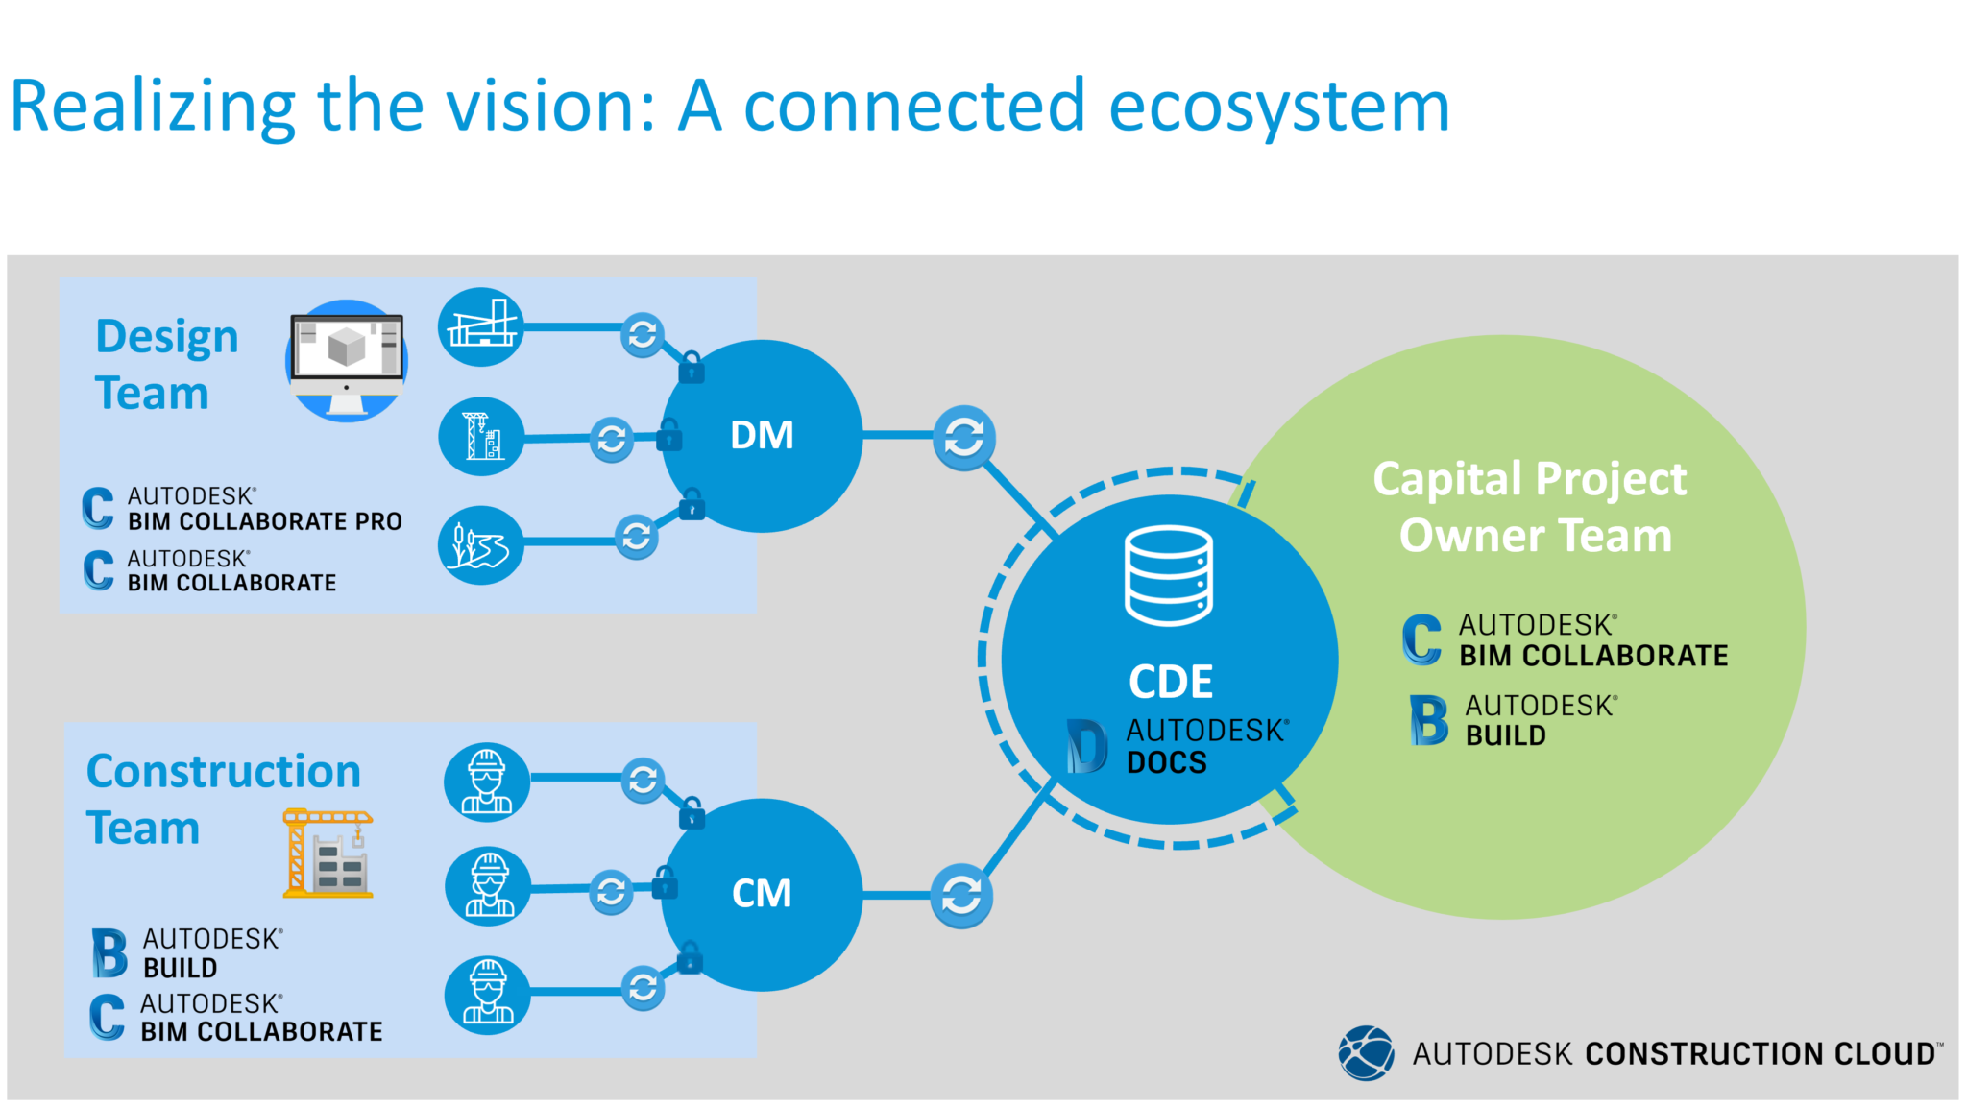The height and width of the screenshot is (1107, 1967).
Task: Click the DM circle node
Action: (762, 436)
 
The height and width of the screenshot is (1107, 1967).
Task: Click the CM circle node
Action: (762, 894)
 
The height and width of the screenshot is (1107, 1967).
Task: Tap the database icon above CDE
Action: (1168, 575)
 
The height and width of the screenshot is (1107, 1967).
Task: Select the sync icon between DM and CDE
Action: (963, 439)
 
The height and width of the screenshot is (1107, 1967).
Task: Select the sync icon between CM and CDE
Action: (960, 897)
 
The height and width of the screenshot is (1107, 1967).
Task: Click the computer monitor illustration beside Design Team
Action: (347, 360)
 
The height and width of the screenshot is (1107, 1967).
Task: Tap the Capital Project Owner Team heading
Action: (1532, 507)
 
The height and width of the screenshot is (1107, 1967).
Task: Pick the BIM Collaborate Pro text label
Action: (265, 521)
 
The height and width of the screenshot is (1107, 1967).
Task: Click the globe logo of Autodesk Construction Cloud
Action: (1366, 1053)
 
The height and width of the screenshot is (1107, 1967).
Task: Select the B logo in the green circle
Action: (1428, 721)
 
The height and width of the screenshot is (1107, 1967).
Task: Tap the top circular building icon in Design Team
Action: (480, 327)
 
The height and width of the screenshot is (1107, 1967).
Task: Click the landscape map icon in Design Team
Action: (480, 545)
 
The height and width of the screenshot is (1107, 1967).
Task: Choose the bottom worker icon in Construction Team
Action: (487, 995)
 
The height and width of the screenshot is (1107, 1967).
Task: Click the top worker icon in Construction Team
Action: (487, 782)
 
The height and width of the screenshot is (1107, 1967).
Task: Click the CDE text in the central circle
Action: (1170, 683)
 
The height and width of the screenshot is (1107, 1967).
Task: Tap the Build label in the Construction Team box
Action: (181, 967)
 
